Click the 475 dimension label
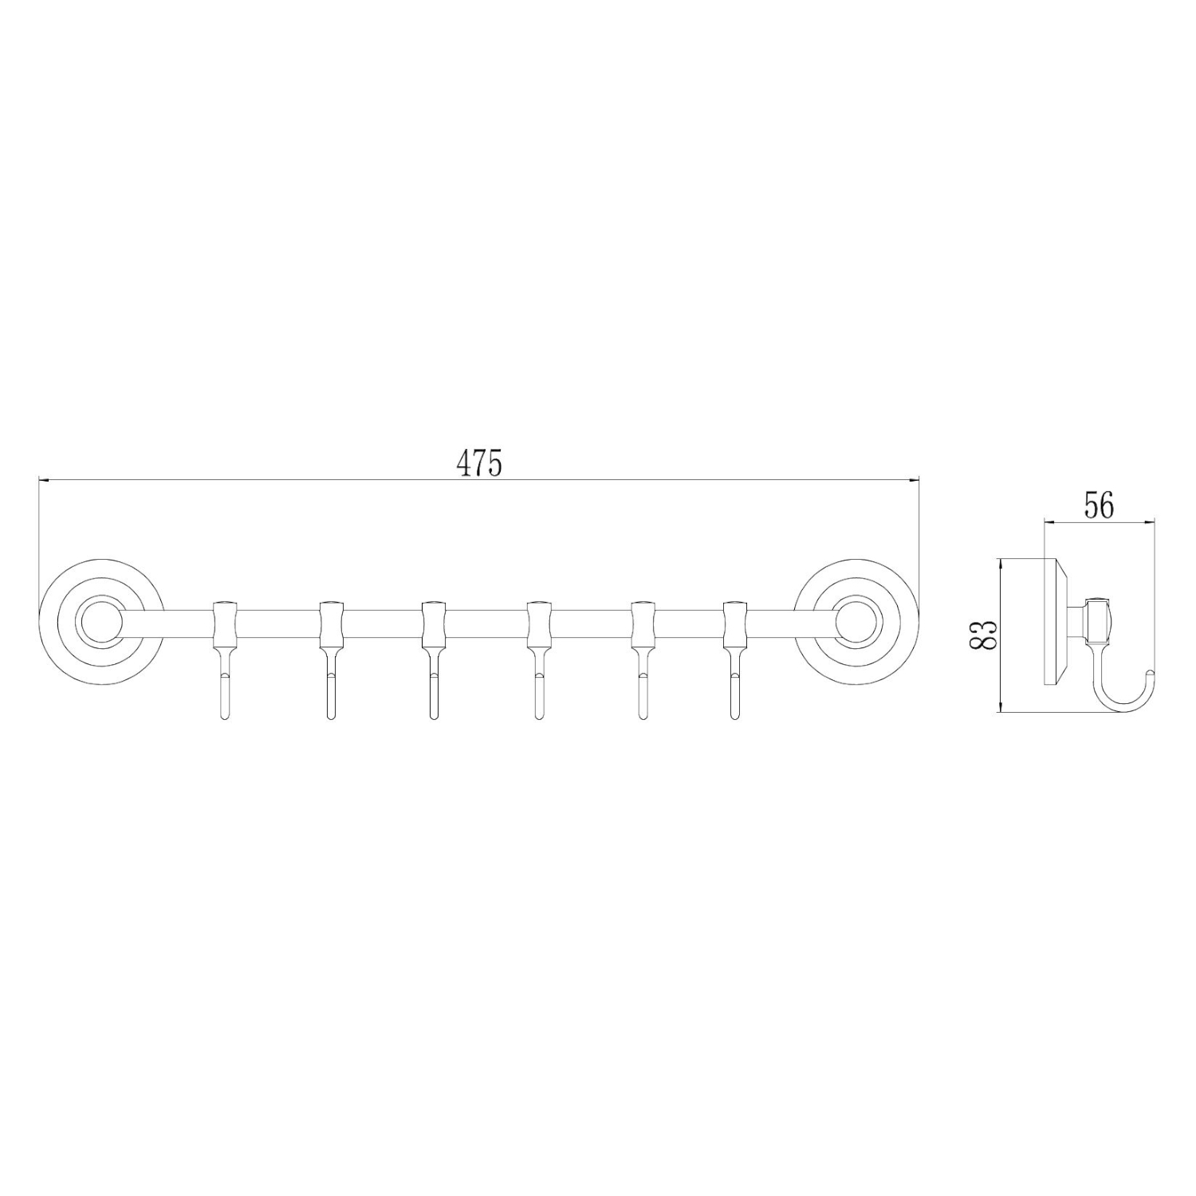click(x=479, y=463)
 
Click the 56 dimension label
click(x=1098, y=506)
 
